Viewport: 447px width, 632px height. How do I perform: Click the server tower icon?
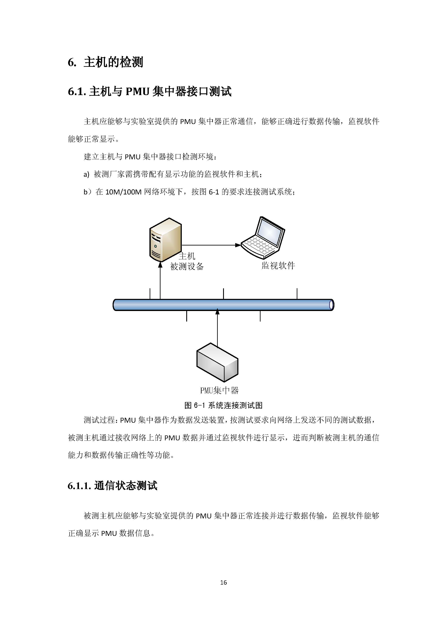tap(165, 240)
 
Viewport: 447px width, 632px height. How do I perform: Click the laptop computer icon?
tap(263, 238)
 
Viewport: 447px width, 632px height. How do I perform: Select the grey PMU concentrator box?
tap(217, 362)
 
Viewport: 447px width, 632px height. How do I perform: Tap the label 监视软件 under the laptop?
tap(278, 266)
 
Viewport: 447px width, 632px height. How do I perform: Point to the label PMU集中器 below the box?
tap(219, 390)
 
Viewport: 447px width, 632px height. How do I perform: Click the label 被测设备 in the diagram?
tap(187, 267)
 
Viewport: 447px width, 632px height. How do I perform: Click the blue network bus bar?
tap(223, 305)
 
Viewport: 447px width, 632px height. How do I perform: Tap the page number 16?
tap(223, 582)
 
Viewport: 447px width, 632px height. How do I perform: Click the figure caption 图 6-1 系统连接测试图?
tap(223, 405)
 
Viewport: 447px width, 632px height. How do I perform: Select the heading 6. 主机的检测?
tap(106, 62)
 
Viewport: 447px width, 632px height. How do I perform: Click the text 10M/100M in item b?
tap(123, 192)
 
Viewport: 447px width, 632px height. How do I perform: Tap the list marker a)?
tap(86, 174)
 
